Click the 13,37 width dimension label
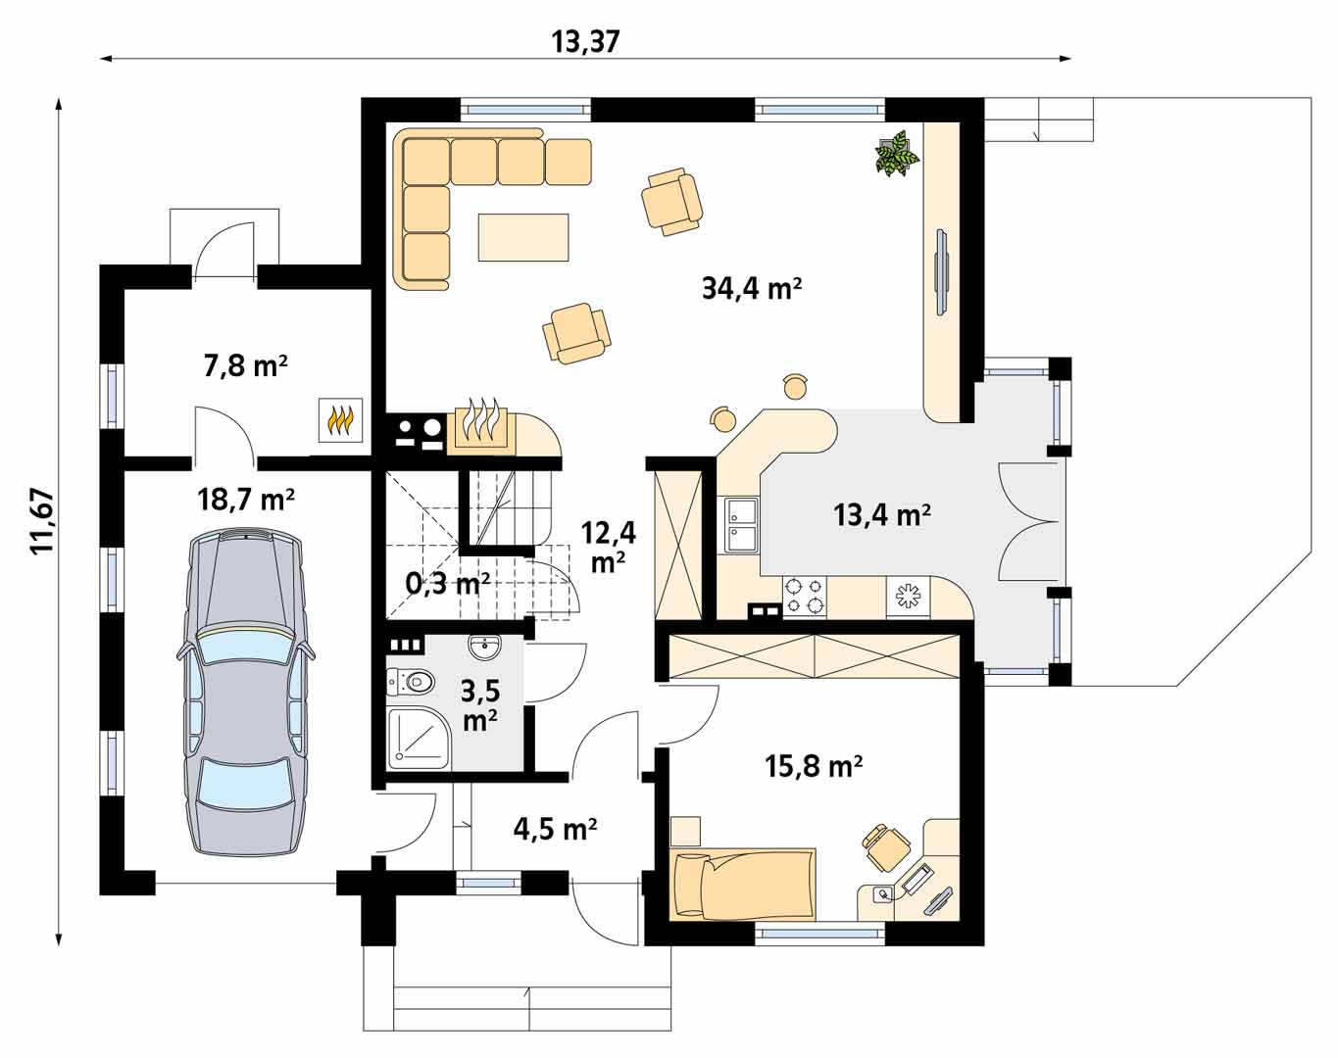pos(586,42)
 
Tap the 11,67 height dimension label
pos(42,521)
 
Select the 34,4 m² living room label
pos(752,288)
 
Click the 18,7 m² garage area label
pos(246,499)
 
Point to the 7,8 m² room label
pos(245,365)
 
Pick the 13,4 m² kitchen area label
pos(881,514)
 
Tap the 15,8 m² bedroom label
pos(814,766)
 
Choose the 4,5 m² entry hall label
pos(555,828)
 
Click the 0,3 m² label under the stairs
pos(448,583)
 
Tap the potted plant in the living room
pos(897,153)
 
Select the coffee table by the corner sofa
pos(522,237)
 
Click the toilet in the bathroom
pos(411,682)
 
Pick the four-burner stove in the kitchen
pos(805,597)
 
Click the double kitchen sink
pos(742,525)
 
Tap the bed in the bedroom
pos(743,884)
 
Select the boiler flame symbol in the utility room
pos(341,420)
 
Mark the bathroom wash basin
pos(485,648)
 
